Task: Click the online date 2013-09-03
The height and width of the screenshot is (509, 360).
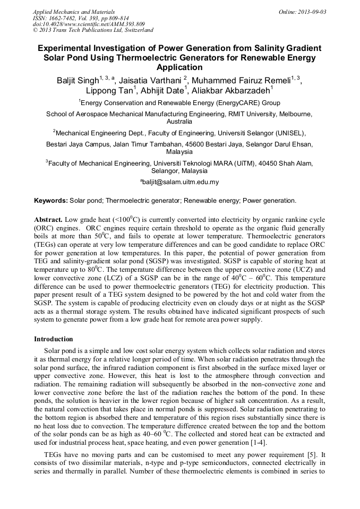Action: click(313, 11)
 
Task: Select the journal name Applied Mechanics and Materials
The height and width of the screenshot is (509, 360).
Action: click(74, 11)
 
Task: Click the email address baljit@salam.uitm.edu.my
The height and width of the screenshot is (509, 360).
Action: click(180, 182)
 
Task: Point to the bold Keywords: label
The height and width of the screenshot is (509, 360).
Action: click(51, 201)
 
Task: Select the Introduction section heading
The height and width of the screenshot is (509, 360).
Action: click(53, 339)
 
